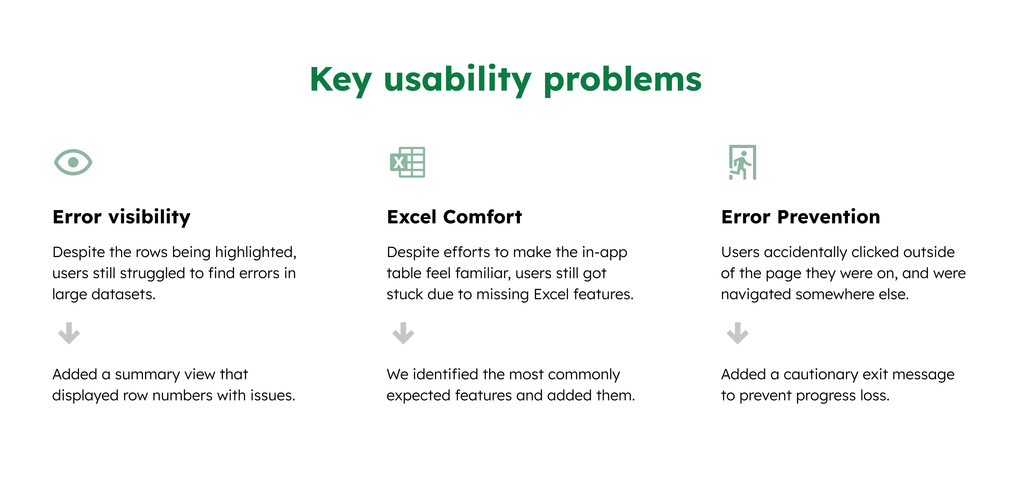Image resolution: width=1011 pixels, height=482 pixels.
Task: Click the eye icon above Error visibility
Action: [x=73, y=162]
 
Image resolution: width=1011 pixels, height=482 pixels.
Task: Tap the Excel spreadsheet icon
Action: [x=407, y=162]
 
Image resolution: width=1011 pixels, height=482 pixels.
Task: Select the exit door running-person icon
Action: [x=742, y=162]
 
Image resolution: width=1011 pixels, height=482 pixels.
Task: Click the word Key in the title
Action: [x=340, y=80]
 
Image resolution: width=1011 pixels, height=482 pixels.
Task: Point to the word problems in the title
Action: [x=622, y=80]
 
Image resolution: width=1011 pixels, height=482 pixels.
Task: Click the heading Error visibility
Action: [x=121, y=217]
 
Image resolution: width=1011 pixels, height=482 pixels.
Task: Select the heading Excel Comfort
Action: [x=454, y=217]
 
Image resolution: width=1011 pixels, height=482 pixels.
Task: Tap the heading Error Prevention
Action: [x=800, y=217]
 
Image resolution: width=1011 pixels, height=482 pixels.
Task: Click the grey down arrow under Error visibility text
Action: [x=69, y=333]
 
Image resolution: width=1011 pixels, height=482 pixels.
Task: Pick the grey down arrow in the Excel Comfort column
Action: [x=403, y=333]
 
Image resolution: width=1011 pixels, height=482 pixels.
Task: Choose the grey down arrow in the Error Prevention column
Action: [x=737, y=333]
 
